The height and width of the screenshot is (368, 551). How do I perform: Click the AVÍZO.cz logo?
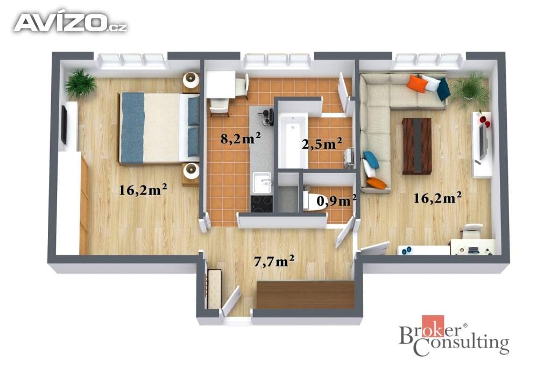pyautogui.click(x=70, y=23)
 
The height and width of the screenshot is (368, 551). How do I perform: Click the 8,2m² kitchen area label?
pyautogui.click(x=241, y=138)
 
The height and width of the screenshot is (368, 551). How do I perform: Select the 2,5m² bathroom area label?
pyautogui.click(x=322, y=143)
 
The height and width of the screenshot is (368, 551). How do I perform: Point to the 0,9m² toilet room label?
pyautogui.click(x=337, y=200)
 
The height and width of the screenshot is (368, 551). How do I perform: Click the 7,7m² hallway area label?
pyautogui.click(x=274, y=261)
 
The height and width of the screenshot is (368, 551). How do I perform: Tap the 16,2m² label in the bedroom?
pyautogui.click(x=143, y=190)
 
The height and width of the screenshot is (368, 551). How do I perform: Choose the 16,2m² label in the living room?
pyautogui.click(x=437, y=198)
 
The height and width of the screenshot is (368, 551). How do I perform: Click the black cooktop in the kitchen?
pyautogui.click(x=262, y=203)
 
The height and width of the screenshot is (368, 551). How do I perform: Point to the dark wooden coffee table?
pyautogui.click(x=417, y=146)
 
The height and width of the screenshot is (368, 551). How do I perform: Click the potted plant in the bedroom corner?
pyautogui.click(x=81, y=83)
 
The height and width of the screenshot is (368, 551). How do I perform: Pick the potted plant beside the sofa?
pyautogui.click(x=470, y=88)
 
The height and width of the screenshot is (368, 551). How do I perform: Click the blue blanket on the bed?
pyautogui.click(x=133, y=128)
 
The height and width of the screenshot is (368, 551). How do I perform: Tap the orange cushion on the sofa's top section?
pyautogui.click(x=417, y=84)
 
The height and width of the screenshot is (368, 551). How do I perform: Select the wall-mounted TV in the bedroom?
pyautogui.click(x=65, y=124)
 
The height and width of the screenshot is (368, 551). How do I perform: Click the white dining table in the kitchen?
pyautogui.click(x=220, y=85)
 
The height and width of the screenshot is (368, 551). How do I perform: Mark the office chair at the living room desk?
pyautogui.click(x=472, y=231)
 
